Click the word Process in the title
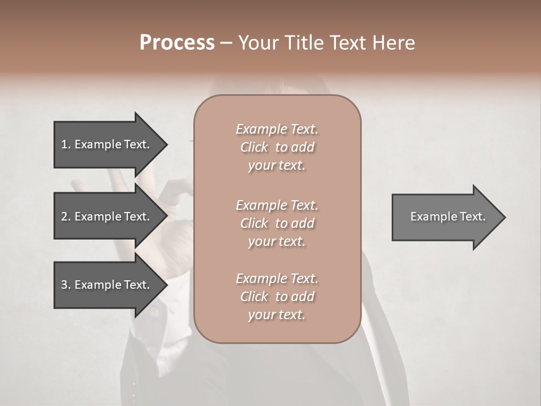(177, 43)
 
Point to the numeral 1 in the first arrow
(64, 144)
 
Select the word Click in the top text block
(254, 147)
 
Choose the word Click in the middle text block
(254, 223)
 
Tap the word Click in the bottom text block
(254, 297)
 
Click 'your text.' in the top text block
(277, 166)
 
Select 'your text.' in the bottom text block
(277, 315)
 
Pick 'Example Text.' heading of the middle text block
(277, 205)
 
